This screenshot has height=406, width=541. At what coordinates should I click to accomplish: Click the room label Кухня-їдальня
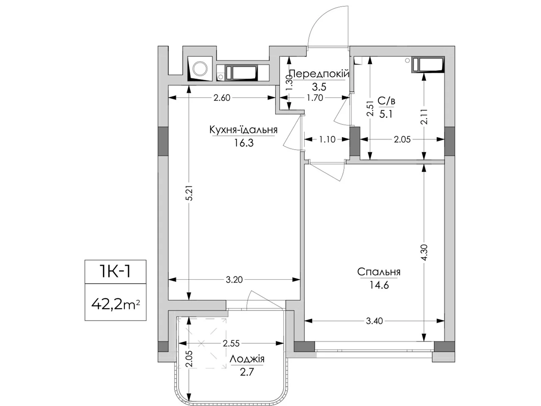point(243,130)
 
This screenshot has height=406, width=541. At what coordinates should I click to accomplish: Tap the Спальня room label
point(379,272)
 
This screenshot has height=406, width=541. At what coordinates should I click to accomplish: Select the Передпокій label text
point(319,74)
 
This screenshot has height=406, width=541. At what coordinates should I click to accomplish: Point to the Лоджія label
point(247,359)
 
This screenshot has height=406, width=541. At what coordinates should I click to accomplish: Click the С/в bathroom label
point(386,101)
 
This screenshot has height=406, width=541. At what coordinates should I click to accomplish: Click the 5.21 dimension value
point(189,193)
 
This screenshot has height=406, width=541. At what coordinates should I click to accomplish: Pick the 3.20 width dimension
point(234,280)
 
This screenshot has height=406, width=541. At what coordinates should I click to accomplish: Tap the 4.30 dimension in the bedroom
point(424,252)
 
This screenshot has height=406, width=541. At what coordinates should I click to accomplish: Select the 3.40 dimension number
point(374,321)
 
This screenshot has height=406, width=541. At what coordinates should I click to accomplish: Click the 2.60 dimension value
point(222,98)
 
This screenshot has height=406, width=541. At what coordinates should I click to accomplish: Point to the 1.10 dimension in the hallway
point(327,139)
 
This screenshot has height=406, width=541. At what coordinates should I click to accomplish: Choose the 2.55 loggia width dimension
point(231,343)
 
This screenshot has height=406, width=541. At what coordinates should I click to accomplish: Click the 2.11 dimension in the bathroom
point(424,117)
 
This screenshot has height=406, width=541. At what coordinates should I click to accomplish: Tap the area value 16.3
point(243,143)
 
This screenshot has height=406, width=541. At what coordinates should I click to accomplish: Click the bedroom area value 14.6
point(379,285)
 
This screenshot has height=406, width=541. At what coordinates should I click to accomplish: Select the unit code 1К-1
point(115,271)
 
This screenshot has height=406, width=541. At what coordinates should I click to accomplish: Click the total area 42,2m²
point(115,305)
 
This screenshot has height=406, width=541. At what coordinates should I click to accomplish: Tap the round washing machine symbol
point(200,69)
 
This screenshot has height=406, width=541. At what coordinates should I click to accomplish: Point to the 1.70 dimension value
point(315,98)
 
